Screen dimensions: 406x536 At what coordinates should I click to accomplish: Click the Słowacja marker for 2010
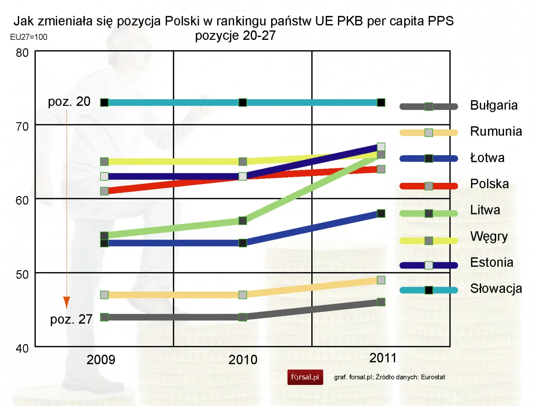(243, 102)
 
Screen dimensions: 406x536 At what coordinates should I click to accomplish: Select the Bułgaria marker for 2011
(381, 302)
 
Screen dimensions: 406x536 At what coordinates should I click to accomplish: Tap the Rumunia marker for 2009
(104, 295)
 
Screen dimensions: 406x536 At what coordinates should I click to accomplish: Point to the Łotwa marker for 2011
(381, 214)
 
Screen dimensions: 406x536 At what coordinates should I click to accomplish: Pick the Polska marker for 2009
(104, 191)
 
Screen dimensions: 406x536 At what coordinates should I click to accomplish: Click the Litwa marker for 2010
(243, 220)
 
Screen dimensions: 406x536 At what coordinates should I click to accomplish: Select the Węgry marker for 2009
(104, 161)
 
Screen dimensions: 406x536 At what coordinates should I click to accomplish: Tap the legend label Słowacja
(496, 288)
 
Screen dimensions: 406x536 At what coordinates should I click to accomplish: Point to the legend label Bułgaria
(494, 105)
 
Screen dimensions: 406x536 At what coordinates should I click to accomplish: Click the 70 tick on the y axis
(22, 127)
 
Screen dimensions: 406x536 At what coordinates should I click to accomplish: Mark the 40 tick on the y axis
(22, 348)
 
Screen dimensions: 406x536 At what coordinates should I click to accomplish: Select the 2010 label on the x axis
(243, 360)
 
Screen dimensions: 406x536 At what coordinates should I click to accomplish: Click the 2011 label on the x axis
(382, 358)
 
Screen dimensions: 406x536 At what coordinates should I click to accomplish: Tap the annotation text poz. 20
(69, 102)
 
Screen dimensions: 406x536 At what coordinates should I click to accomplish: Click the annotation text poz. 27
(71, 319)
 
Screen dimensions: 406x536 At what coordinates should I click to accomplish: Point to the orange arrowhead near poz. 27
(67, 302)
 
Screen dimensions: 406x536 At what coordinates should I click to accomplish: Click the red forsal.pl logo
(305, 377)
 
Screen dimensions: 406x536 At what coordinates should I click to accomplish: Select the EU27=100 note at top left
(29, 37)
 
